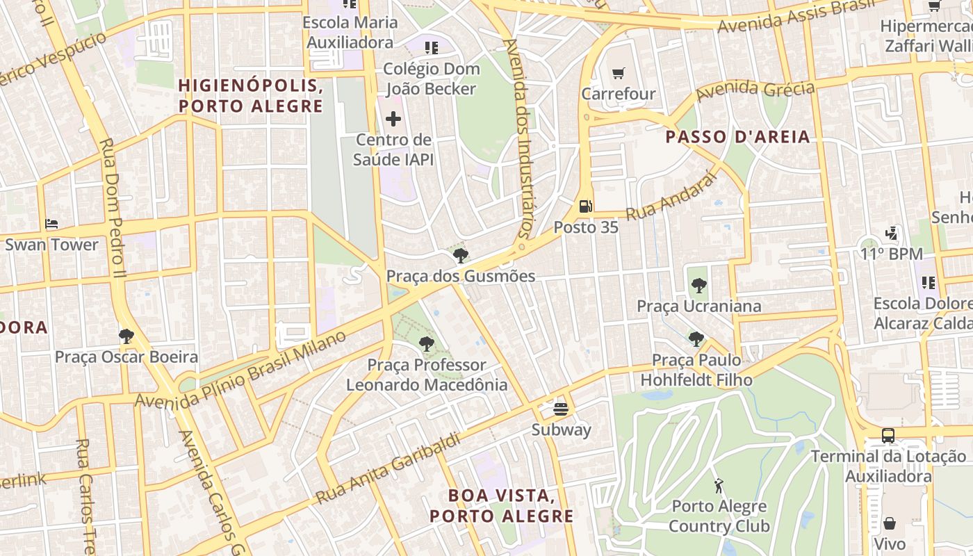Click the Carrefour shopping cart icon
click(x=618, y=73)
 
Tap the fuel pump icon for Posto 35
click(x=586, y=206)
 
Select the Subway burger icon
click(x=561, y=409)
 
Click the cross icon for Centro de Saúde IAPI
click(x=393, y=119)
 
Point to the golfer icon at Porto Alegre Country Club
click(x=719, y=485)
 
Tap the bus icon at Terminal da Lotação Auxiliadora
click(x=888, y=436)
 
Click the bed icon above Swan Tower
click(x=51, y=224)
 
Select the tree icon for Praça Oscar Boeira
click(x=126, y=336)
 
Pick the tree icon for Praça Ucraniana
click(x=698, y=285)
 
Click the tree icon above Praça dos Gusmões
click(x=460, y=255)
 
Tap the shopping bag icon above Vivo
click(x=890, y=523)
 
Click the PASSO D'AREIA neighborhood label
click(x=737, y=136)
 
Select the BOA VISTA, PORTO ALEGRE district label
click(x=501, y=506)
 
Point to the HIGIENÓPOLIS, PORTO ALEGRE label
click(x=250, y=96)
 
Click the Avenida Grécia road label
click(x=755, y=90)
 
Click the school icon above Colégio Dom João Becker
click(x=432, y=47)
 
